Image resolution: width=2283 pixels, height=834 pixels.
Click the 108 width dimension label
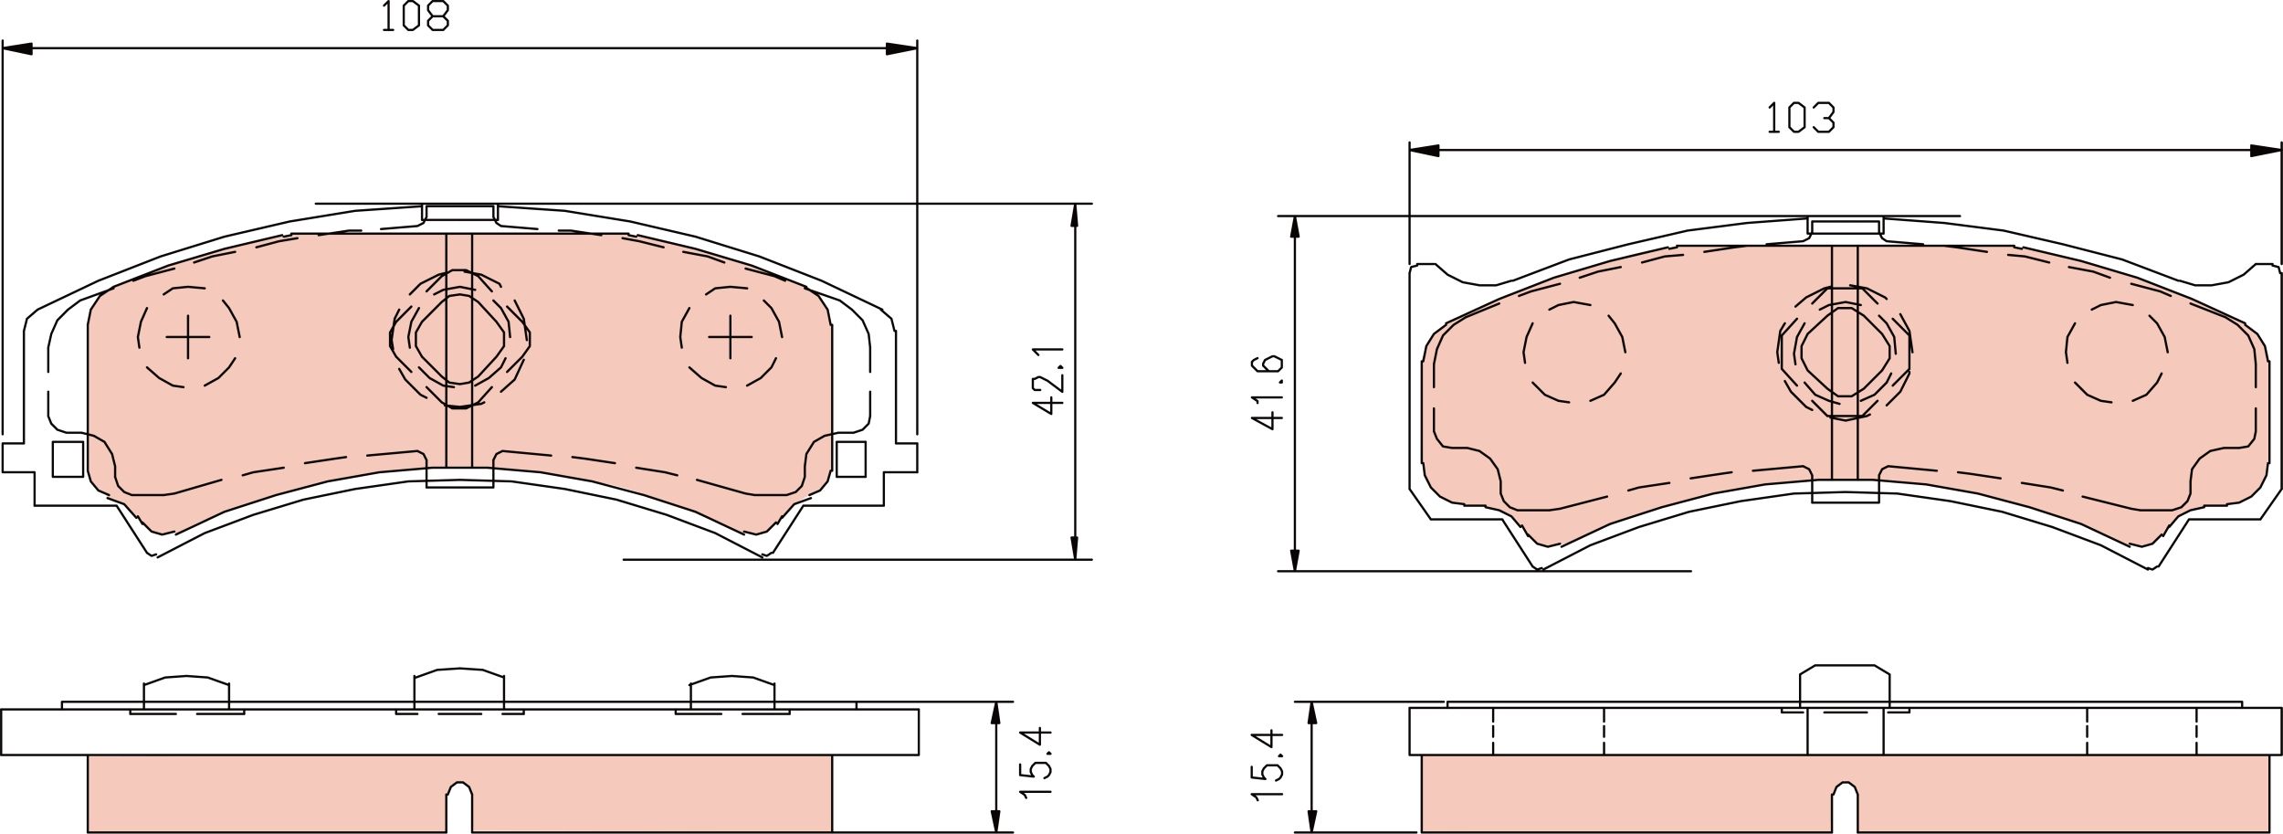pos(416,16)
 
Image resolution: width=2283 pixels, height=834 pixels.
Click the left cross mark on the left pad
pos(188,337)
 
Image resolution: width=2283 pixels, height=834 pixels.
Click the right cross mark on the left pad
pos(730,337)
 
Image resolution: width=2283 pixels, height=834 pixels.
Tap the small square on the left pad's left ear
pos(68,459)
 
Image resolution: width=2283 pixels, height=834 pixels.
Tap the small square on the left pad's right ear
pos(850,459)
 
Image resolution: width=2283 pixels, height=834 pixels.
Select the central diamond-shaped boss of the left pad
pos(459,339)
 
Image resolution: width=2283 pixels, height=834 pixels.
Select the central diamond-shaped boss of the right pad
pos(1845,352)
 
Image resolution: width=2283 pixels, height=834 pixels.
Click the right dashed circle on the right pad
pos(2117,352)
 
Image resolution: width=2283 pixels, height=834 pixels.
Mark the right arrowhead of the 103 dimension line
pos(2266,151)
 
